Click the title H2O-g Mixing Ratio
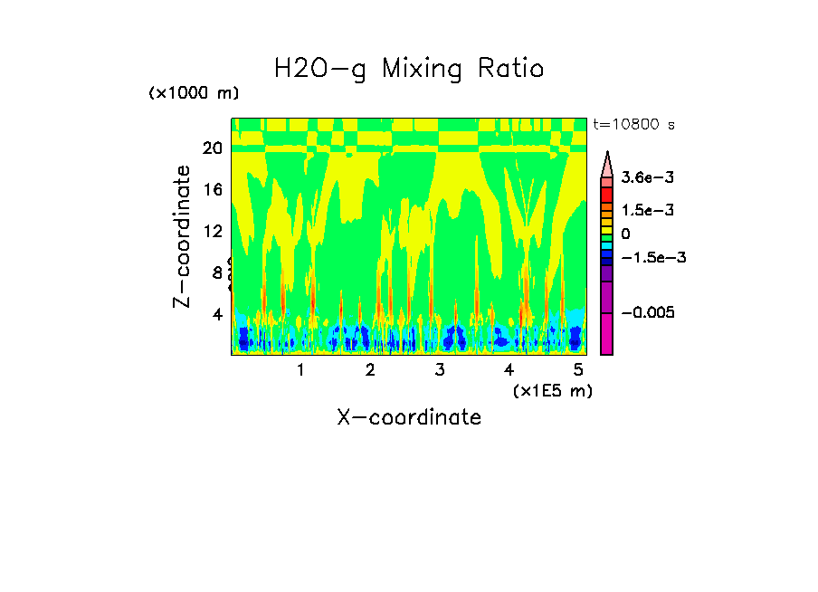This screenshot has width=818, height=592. point(409,69)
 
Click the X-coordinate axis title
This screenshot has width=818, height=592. point(409,417)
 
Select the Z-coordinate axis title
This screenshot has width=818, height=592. point(184,236)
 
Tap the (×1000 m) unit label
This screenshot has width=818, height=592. point(193,94)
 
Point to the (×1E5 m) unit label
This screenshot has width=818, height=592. point(552,390)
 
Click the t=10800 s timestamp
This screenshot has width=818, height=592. point(633,124)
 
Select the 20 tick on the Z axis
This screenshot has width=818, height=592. point(212,148)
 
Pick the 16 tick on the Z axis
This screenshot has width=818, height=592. point(212,190)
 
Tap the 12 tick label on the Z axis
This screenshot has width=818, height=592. point(212,232)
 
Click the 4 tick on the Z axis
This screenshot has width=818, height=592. point(217,315)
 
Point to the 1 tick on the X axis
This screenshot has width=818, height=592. point(300,370)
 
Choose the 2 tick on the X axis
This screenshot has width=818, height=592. point(370,370)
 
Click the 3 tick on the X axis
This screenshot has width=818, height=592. point(439,370)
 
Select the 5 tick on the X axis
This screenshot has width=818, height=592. point(578,370)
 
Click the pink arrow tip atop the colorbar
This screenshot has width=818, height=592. point(607,161)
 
